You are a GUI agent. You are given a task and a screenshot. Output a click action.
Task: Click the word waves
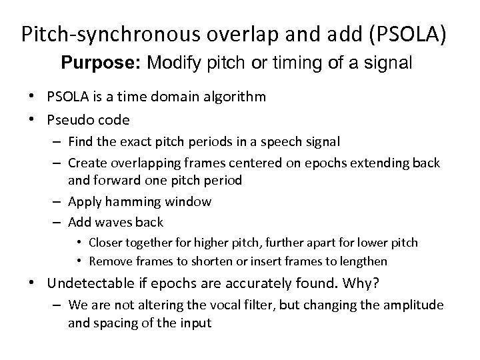click(113, 221)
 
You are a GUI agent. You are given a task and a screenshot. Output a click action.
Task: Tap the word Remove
click(108, 261)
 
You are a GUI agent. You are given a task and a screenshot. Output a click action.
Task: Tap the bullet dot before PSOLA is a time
click(33, 97)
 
